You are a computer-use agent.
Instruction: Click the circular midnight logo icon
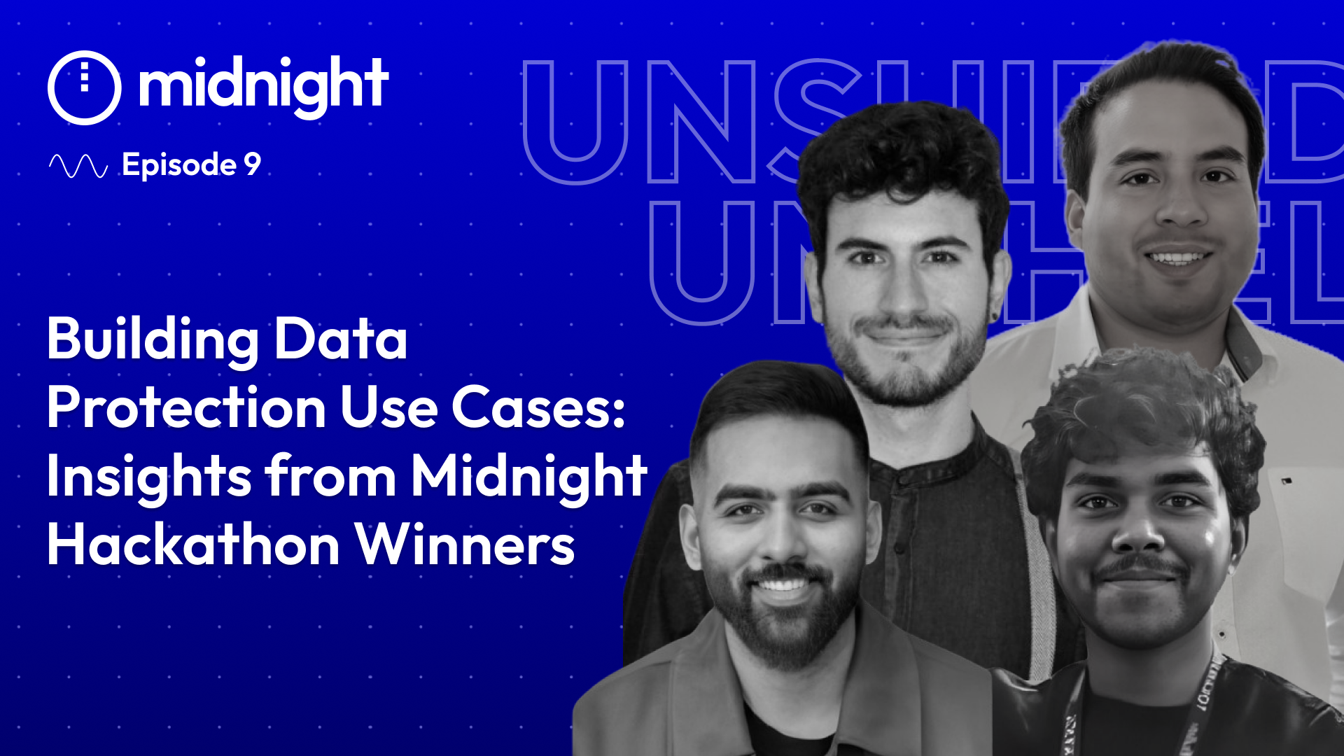[85, 87]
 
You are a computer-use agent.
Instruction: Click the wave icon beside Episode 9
[78, 166]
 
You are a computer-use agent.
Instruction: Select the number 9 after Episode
[252, 164]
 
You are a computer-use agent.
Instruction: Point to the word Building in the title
[153, 341]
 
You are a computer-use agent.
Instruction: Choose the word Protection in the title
[186, 408]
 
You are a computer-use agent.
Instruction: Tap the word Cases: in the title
[538, 407]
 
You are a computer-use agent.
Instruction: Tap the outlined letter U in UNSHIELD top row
[575, 122]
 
